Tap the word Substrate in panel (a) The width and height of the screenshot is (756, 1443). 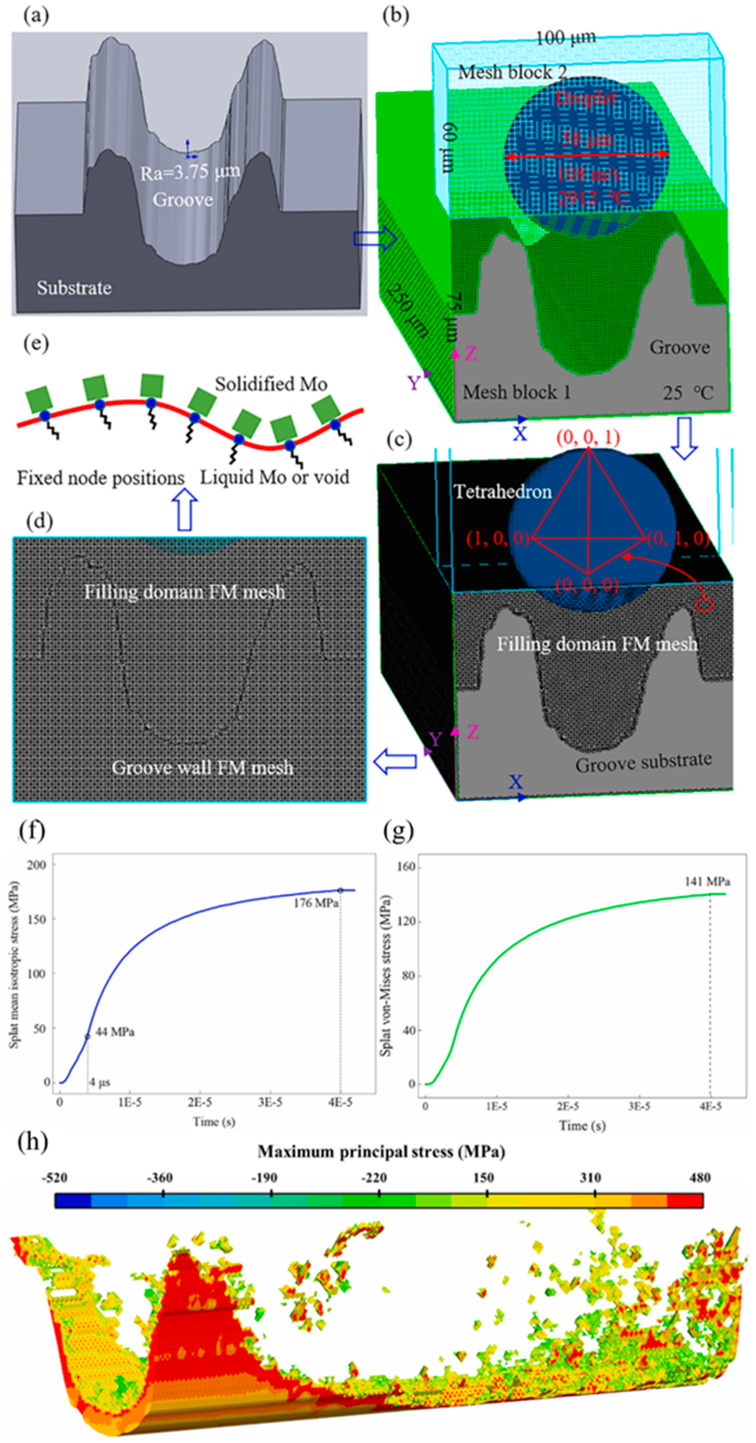click(74, 288)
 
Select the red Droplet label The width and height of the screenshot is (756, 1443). click(586, 99)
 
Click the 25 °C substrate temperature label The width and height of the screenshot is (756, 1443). click(688, 393)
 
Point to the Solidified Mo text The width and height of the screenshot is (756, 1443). click(271, 384)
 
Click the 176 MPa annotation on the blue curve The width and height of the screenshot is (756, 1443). click(316, 903)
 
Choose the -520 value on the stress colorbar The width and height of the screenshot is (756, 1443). click(54, 1177)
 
